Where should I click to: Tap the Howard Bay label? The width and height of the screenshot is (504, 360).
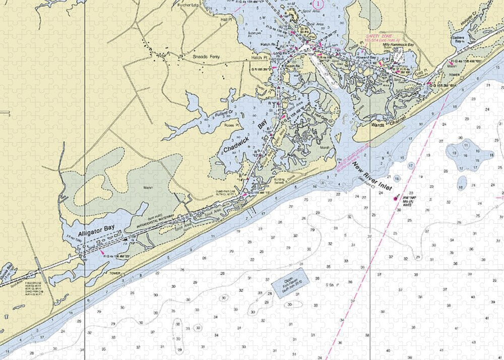pos(366,58)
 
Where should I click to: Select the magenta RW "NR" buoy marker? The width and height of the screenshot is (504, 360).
pos(396,199)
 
